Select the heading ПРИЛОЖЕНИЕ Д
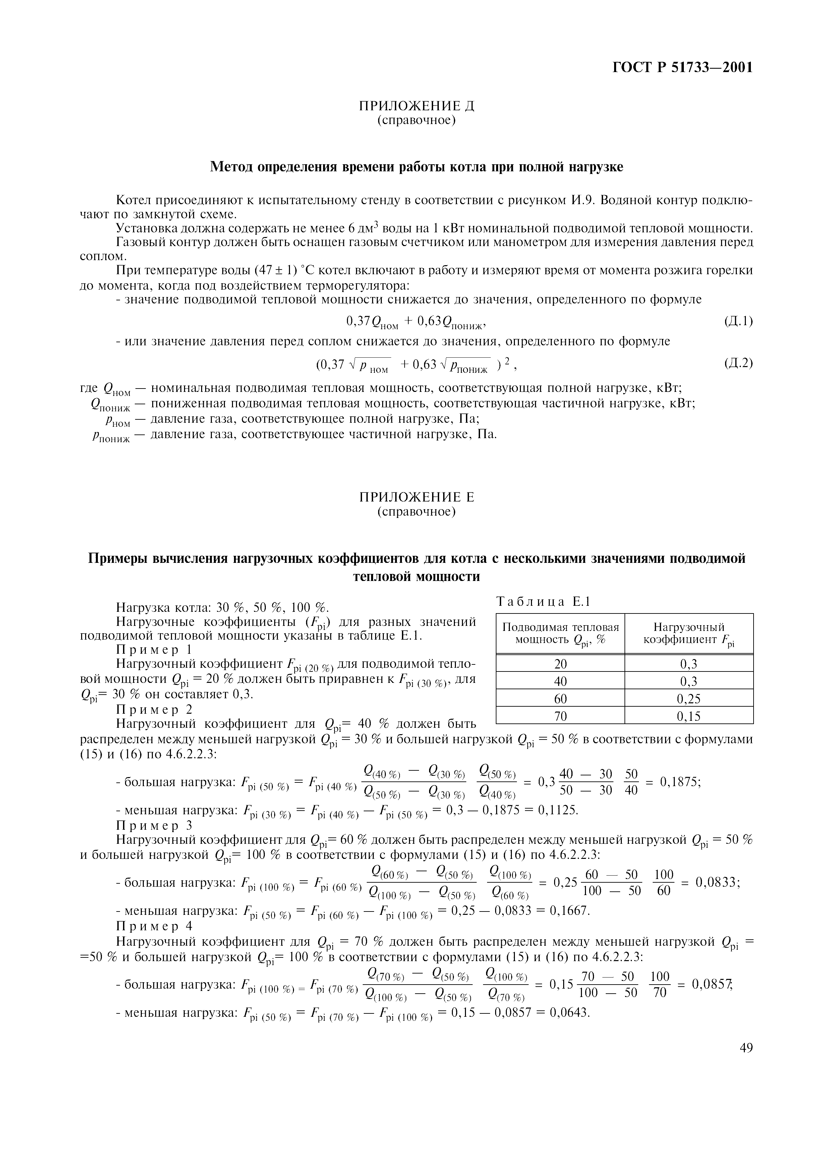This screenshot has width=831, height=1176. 416,106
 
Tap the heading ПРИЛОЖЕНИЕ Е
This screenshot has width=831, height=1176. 416,497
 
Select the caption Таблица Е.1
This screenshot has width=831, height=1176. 543,602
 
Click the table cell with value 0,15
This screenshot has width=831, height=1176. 688,716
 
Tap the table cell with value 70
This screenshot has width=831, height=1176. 561,716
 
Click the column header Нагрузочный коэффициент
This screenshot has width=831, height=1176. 689,634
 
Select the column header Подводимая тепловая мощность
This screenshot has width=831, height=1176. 561,634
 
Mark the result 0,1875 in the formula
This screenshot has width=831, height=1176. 679,782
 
